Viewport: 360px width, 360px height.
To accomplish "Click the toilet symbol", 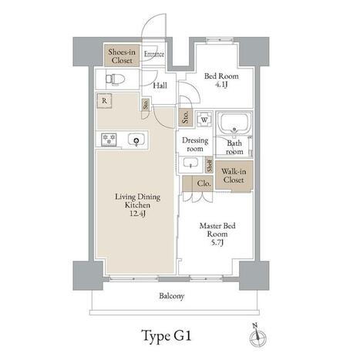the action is click(x=115, y=79).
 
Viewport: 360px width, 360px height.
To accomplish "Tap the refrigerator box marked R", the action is click(x=104, y=101).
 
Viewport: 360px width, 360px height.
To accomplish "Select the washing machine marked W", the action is click(x=204, y=119).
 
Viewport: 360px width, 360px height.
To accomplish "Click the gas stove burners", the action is click(x=109, y=140).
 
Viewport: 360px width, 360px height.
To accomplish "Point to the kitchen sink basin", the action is click(x=136, y=140).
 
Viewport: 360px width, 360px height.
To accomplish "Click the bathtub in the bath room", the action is click(x=234, y=123).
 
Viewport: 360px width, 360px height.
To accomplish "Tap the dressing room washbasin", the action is click(x=190, y=163).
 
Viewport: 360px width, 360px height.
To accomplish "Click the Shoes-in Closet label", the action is click(x=122, y=56).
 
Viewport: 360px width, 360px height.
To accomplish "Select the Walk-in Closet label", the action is click(x=234, y=176).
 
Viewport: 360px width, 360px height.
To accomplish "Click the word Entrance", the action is click(x=154, y=54).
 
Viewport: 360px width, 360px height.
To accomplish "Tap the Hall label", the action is click(x=160, y=86).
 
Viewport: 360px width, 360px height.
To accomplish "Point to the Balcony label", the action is click(x=172, y=296).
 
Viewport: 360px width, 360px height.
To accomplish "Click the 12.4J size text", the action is click(x=137, y=214).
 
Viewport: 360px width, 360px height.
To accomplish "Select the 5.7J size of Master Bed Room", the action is click(x=217, y=242).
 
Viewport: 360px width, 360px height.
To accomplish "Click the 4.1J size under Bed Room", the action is click(x=221, y=85).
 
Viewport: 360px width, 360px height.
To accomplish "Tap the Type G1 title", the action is click(x=167, y=336).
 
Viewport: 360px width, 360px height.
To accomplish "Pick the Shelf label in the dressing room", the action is click(x=210, y=165).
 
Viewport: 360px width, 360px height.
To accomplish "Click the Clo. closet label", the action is click(x=204, y=183).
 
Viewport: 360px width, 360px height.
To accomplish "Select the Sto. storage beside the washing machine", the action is click(x=186, y=117).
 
